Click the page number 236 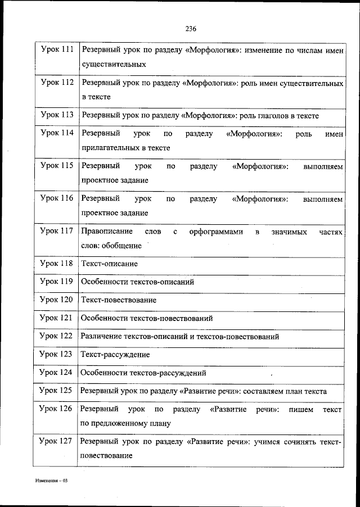click(x=190, y=29)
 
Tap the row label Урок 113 click(x=57, y=115)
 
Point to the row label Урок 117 click(x=57, y=231)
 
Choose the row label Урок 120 click(x=57, y=300)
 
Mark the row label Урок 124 click(x=57, y=372)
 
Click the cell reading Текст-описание click(x=109, y=263)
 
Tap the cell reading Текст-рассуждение click(x=115, y=355)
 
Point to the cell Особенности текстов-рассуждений click(x=143, y=373)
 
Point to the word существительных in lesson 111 click(x=114, y=65)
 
